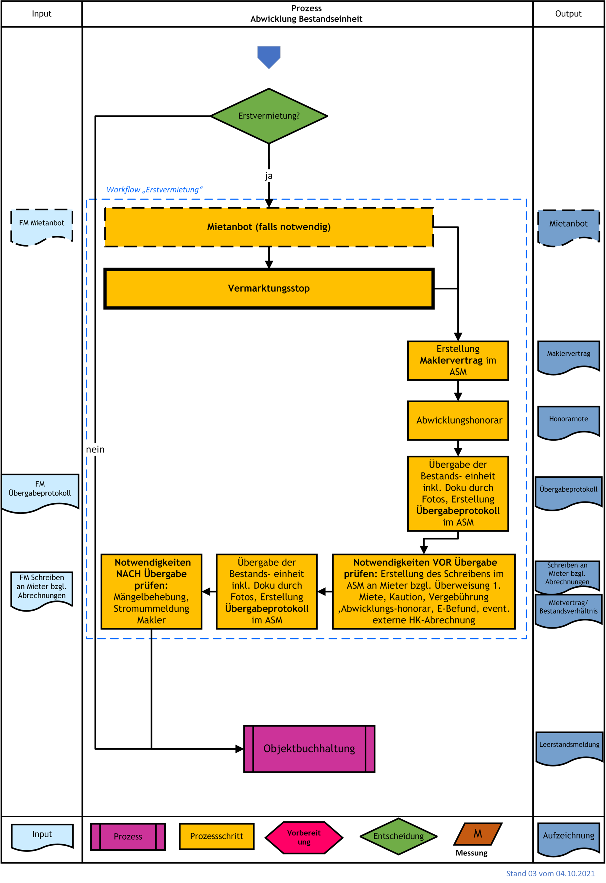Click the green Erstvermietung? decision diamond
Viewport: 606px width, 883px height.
269,116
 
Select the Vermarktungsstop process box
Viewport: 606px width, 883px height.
269,288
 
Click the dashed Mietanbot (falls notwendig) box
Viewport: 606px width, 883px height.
269,227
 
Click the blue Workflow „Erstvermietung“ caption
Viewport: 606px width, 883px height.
154,190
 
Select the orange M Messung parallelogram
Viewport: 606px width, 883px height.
478,834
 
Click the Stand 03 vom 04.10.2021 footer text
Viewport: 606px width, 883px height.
550,873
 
